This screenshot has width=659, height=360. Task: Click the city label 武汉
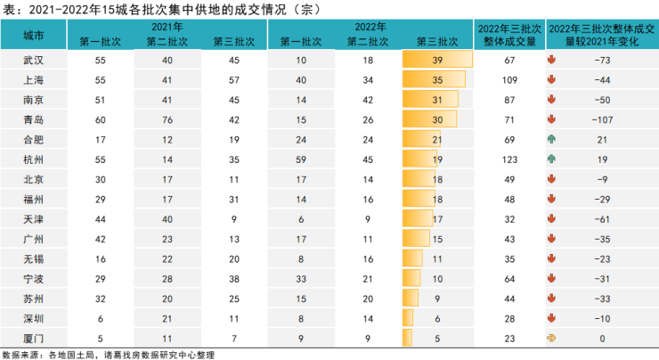(33, 60)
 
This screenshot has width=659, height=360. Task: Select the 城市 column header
(33, 36)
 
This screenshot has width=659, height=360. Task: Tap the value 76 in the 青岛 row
(167, 120)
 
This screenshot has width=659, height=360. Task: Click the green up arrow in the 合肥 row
(551, 139)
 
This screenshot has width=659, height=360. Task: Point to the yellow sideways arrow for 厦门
(551, 338)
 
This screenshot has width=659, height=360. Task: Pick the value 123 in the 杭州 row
(509, 160)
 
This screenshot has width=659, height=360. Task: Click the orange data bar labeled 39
(437, 60)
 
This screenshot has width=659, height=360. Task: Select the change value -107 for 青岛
(602, 120)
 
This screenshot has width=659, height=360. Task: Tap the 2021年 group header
(167, 27)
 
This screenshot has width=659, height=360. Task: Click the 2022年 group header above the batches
(370, 27)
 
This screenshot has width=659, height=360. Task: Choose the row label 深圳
(33, 319)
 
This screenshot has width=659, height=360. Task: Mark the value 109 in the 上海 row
(509, 80)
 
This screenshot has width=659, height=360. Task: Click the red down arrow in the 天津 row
(551, 218)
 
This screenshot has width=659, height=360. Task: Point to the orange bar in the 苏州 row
(411, 298)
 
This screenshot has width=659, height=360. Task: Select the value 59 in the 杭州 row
(301, 160)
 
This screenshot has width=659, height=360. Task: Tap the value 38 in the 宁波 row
(234, 279)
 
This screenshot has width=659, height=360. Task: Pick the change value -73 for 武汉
(602, 60)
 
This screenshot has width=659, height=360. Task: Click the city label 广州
(33, 240)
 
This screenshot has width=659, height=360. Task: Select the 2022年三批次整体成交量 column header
(509, 35)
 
